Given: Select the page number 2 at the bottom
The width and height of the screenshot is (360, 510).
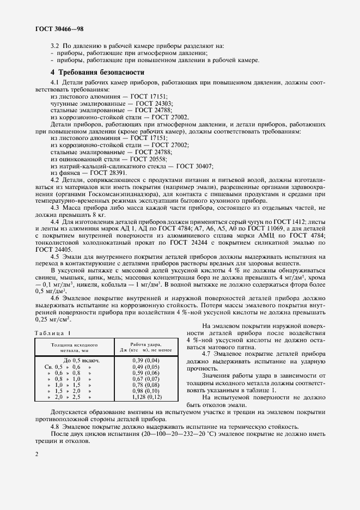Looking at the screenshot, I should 35,454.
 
